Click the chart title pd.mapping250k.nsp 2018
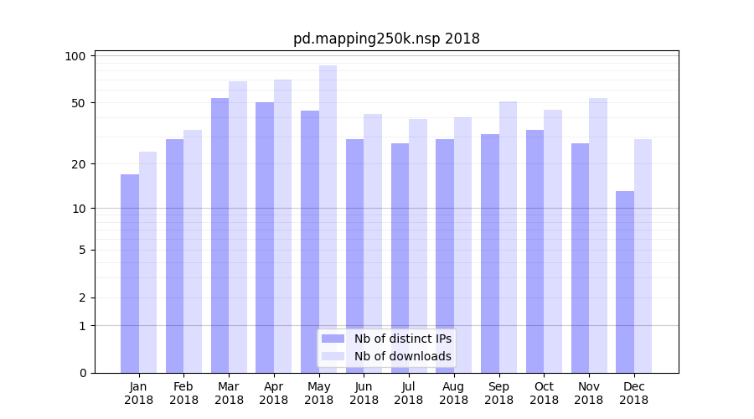(x=386, y=39)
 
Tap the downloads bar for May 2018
(x=328, y=219)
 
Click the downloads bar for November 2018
(x=598, y=235)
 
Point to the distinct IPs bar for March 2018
(x=219, y=235)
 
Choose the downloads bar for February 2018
(x=193, y=251)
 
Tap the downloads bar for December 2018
(x=643, y=256)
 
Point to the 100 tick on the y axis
(x=76, y=56)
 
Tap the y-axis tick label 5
(x=82, y=250)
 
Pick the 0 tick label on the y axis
(x=82, y=373)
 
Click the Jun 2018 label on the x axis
(x=364, y=393)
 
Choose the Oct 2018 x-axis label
(x=544, y=393)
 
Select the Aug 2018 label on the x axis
(x=454, y=393)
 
